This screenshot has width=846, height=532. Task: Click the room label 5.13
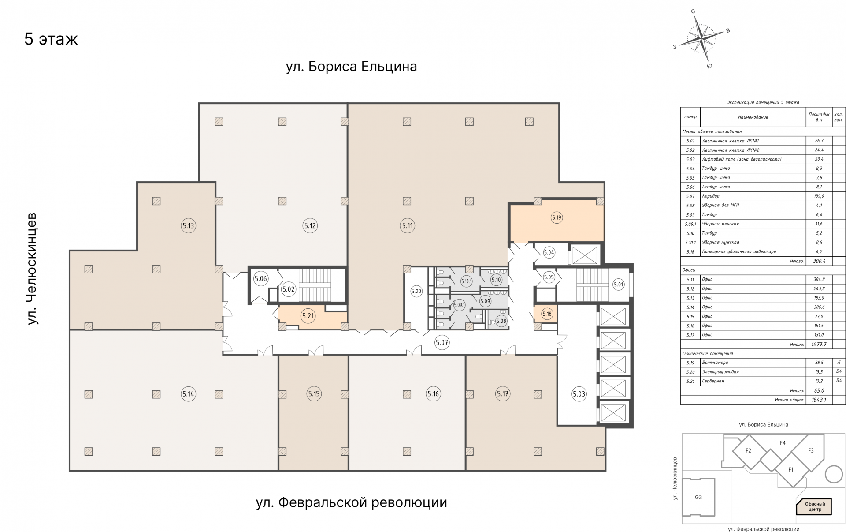pyautogui.click(x=188, y=225)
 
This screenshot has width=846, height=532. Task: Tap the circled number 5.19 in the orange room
pyautogui.click(x=557, y=217)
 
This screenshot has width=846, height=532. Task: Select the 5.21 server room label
pyautogui.click(x=308, y=316)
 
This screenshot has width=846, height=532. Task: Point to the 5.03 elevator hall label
pyautogui.click(x=579, y=394)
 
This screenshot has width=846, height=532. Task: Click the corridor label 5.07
pyautogui.click(x=442, y=342)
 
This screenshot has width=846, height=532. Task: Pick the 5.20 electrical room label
pyautogui.click(x=416, y=291)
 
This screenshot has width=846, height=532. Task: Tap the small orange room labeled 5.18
pyautogui.click(x=547, y=314)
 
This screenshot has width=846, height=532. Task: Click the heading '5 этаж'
pyautogui.click(x=51, y=39)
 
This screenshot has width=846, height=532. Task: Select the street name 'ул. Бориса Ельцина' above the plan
pyautogui.click(x=351, y=67)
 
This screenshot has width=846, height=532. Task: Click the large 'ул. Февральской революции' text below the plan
pyautogui.click(x=351, y=502)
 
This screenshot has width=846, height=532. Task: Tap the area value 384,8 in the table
pyautogui.click(x=819, y=279)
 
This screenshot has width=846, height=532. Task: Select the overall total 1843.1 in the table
pyautogui.click(x=819, y=400)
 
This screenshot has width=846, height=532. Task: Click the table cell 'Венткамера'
pyautogui.click(x=715, y=363)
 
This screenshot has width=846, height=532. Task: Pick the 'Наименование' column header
pyautogui.click(x=753, y=117)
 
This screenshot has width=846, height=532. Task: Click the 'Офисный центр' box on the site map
pyautogui.click(x=815, y=506)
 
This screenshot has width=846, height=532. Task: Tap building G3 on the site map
pyautogui.click(x=698, y=497)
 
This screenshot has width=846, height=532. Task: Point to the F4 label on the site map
pyautogui.click(x=783, y=443)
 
